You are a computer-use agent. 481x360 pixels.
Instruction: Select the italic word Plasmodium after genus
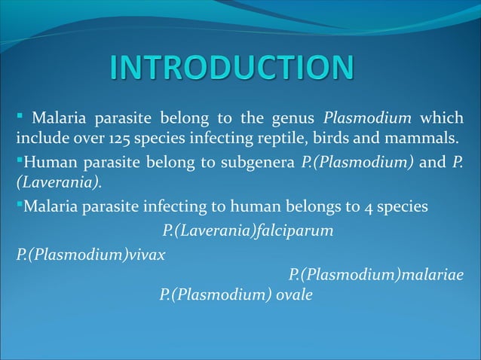tap(366, 118)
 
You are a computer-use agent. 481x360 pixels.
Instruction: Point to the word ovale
tap(295, 294)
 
